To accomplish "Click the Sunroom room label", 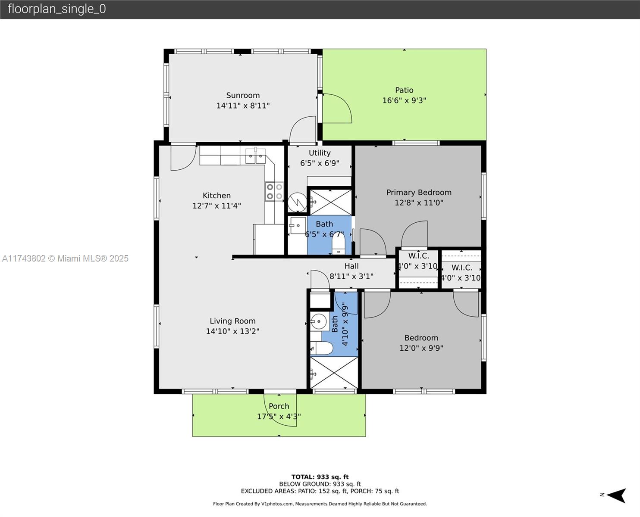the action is coord(243,95).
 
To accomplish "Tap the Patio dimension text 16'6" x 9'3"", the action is coord(404,100).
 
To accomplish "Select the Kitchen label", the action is coord(216,195).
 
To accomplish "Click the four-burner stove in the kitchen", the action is coord(274,191).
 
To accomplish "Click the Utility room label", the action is coord(320,153).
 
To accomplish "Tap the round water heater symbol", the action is coord(297,202).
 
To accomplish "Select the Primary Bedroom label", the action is coord(419,192).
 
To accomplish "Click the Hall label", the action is coord(351,266).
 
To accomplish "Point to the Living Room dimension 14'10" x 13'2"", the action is coord(232,331).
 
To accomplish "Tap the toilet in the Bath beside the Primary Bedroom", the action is coord(338,244).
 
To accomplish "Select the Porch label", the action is coord(279,406).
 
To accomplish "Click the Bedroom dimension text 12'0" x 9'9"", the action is coord(421,348).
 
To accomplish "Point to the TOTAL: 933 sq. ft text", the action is coord(320,477).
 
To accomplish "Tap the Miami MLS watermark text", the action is coord(65,258).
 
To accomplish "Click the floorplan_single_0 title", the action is coord(57,9).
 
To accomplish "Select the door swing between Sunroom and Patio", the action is coord(337,108).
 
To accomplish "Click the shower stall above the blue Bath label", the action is coord(330,202).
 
